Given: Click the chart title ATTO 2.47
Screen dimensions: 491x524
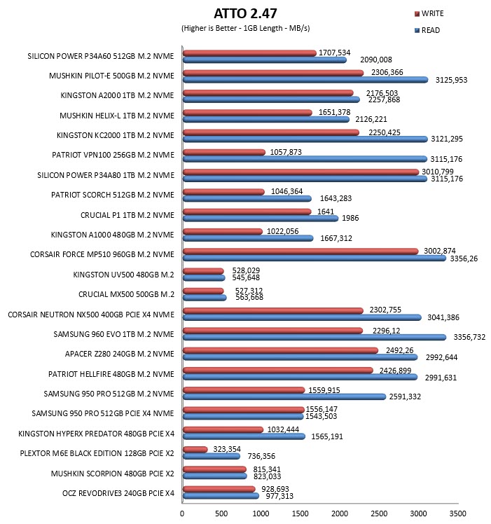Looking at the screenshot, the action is point(245,14).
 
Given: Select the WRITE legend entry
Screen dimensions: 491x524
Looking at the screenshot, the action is point(429,14).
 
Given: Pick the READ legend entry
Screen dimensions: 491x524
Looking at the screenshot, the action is point(427,30).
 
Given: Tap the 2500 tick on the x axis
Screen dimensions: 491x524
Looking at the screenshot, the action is point(379,513).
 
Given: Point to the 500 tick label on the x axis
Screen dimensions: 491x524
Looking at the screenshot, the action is point(221,513).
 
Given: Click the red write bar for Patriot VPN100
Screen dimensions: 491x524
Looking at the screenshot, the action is point(224,153).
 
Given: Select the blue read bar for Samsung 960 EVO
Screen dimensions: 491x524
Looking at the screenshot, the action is point(314,337).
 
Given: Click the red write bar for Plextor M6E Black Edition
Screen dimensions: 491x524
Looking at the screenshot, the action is point(195,450).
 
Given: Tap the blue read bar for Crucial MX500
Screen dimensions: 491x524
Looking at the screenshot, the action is point(205,298).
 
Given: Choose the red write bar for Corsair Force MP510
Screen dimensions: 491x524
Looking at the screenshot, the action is point(300,251).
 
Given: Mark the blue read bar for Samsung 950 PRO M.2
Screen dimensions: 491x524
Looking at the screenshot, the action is point(284,397).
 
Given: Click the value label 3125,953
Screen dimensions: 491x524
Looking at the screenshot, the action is point(451,80).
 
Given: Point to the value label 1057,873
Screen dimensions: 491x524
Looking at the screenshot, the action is point(286,153).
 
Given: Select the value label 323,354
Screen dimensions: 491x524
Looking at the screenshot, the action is point(227,449).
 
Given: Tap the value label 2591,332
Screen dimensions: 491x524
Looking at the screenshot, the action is point(405,397).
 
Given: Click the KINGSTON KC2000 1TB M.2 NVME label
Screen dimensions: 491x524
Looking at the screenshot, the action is point(116,135).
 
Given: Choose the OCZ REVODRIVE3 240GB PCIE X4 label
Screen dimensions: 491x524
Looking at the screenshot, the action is point(118,493).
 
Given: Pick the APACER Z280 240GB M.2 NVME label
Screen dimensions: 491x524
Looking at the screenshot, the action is point(120,354).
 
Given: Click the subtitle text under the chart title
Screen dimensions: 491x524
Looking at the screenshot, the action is point(246,28).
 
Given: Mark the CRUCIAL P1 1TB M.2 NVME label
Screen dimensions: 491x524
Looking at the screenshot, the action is point(127,215).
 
